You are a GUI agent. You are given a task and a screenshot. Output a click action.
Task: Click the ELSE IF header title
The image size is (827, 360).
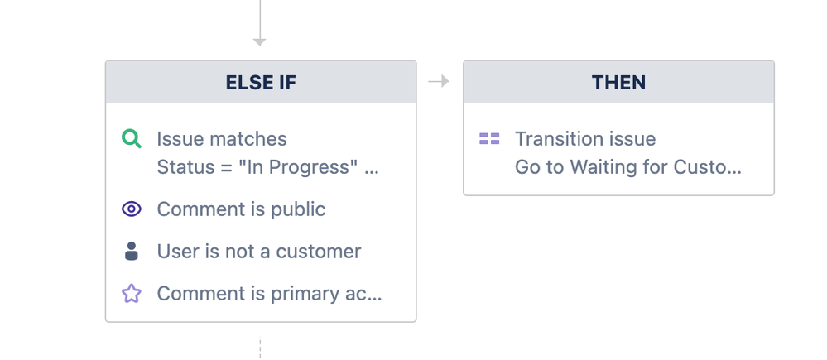point(261,83)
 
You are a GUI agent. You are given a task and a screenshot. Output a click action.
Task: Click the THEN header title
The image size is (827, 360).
point(618,83)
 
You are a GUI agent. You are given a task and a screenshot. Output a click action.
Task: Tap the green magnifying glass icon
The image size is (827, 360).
point(132,139)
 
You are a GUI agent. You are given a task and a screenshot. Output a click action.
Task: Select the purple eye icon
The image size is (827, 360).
point(132,209)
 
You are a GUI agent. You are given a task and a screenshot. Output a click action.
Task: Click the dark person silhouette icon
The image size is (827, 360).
point(132,251)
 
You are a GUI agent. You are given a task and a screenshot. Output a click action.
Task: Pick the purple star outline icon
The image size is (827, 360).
point(132,293)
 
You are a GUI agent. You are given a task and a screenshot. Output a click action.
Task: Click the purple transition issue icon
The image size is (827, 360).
point(489,139)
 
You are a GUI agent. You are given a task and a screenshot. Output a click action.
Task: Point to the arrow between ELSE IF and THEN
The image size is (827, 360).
point(438,81)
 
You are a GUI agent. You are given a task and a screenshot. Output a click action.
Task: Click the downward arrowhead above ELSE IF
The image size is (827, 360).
point(259,41)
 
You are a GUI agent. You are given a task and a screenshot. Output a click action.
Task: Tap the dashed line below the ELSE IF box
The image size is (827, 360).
point(259,348)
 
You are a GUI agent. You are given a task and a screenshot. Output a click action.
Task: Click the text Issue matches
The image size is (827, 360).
point(222,139)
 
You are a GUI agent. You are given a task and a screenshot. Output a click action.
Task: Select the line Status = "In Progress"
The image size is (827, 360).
point(253,167)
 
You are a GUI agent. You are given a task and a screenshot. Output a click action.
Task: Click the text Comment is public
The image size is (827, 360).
point(241,209)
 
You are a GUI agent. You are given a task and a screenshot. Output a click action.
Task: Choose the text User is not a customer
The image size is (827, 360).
point(259,252)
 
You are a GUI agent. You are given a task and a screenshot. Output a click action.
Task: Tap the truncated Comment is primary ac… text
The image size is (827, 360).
point(269,294)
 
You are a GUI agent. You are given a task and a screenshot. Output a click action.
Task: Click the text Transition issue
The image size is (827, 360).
point(585,139)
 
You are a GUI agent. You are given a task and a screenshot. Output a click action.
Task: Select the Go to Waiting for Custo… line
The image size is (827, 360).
point(628,167)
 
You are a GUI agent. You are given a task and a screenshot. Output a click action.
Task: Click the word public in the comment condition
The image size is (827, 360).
point(298,209)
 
